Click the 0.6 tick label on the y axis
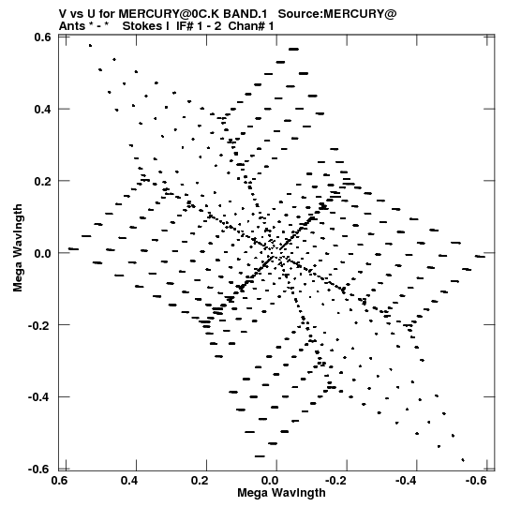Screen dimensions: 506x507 coord(43,37)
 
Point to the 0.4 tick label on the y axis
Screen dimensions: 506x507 coord(43,109)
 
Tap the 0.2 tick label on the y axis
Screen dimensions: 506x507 coord(43,181)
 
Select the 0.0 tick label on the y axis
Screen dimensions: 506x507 coord(43,253)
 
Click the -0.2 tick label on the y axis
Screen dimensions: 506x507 coord(39,325)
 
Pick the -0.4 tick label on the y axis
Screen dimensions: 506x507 coord(39,397)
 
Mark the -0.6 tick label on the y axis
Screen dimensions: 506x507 coord(39,469)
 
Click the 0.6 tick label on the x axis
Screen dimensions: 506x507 coord(60,481)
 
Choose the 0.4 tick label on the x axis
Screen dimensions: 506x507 coord(129,481)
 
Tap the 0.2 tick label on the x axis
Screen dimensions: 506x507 coord(200,481)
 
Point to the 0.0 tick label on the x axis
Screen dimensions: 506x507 coord(270,481)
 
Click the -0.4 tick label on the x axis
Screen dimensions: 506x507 coord(407,481)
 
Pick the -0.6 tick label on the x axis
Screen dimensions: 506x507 coord(477,481)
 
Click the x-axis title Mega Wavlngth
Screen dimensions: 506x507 coord(281,493)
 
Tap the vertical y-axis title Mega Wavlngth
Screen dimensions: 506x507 coord(18,248)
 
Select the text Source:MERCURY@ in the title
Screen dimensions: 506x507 coord(337,14)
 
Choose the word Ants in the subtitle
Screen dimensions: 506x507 coord(72,26)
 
